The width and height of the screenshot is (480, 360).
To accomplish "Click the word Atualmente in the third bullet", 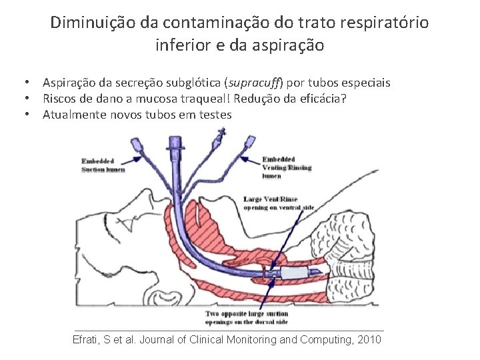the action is pos(74,114).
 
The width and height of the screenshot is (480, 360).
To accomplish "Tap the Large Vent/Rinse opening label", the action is pos(281,203).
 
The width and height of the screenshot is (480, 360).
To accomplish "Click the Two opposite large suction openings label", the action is pos(247,317).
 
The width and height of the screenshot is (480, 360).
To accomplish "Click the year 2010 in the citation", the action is pos(368,339).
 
